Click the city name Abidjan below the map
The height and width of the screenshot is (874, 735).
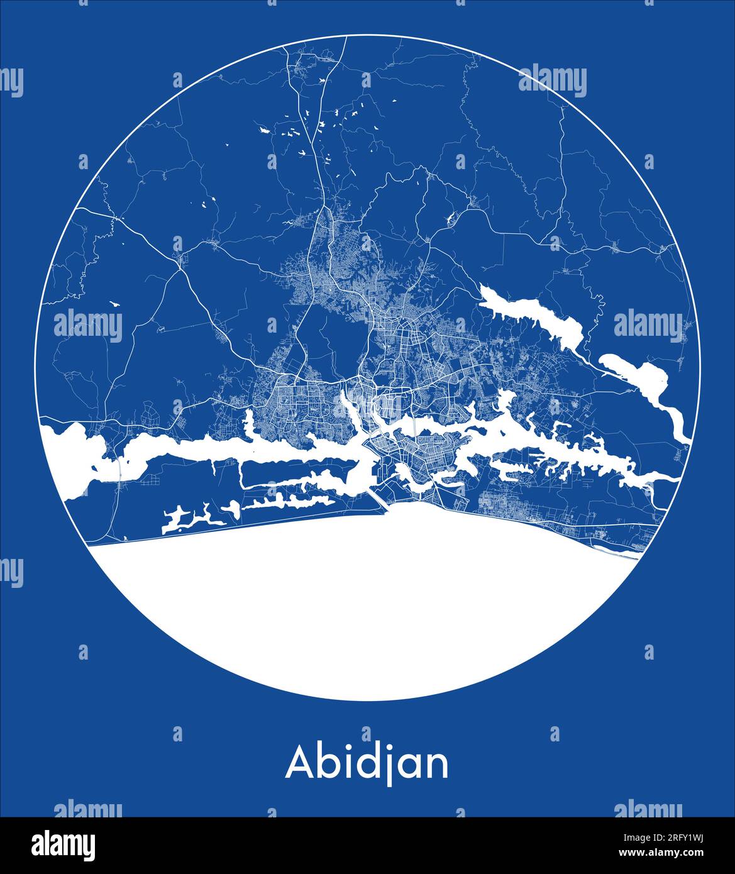click(367, 763)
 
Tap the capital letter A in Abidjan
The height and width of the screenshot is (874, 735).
click(300, 763)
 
